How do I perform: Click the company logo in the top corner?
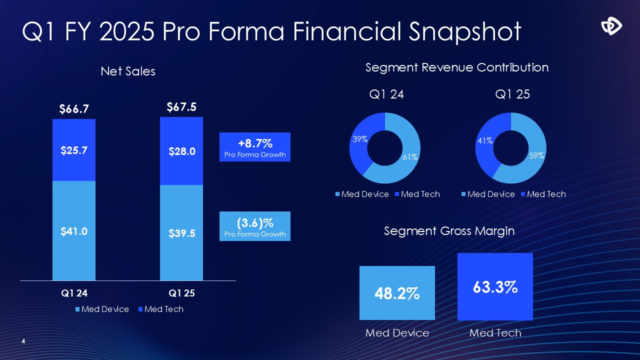pyautogui.click(x=611, y=26)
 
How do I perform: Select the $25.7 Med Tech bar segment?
pyautogui.click(x=74, y=150)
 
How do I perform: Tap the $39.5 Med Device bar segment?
pyautogui.click(x=181, y=233)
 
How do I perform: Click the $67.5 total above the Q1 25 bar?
pyautogui.click(x=181, y=107)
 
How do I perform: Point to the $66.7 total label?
pyautogui.click(x=74, y=109)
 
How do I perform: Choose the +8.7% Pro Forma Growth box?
pyautogui.click(x=255, y=146)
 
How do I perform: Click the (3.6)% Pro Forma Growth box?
pyautogui.click(x=255, y=226)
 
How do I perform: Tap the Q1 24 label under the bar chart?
pyautogui.click(x=74, y=293)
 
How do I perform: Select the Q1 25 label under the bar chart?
pyautogui.click(x=181, y=293)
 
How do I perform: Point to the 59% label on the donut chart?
pyautogui.click(x=536, y=155)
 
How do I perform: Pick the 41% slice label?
pyautogui.click(x=485, y=141)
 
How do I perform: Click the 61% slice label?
pyautogui.click(x=410, y=157)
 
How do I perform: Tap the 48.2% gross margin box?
pyautogui.click(x=397, y=293)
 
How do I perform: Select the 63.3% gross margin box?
pyautogui.click(x=495, y=286)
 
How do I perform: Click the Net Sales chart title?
pyautogui.click(x=128, y=71)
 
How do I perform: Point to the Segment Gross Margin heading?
pyautogui.click(x=449, y=230)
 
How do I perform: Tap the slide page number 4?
pyautogui.click(x=23, y=341)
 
